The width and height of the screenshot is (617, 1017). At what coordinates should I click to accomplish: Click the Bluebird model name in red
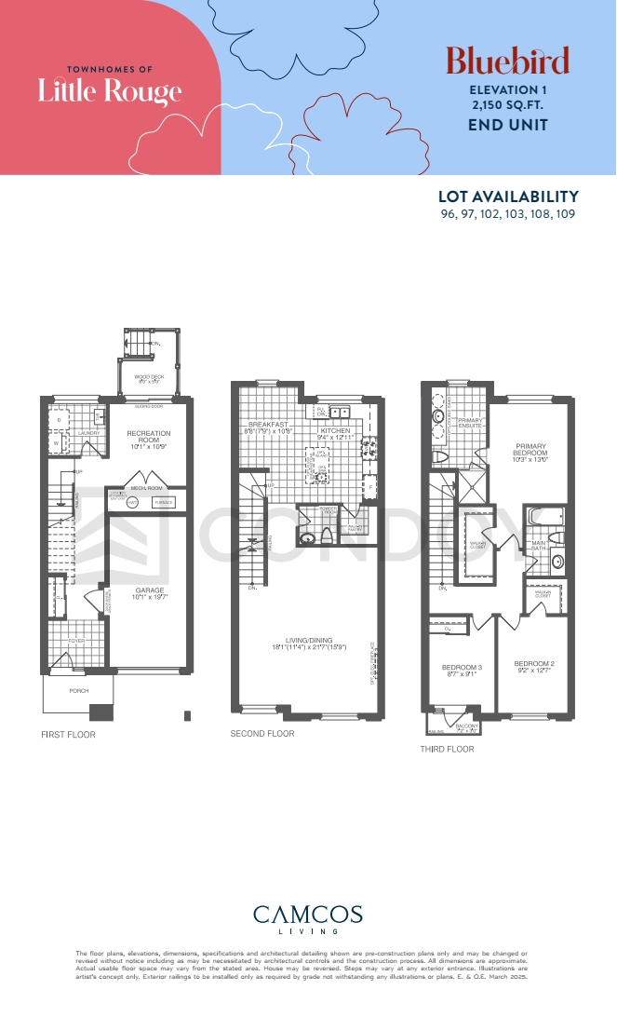[507, 61]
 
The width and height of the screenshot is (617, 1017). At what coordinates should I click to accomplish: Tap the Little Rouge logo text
[110, 90]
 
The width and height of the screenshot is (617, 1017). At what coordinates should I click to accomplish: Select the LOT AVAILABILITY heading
[508, 197]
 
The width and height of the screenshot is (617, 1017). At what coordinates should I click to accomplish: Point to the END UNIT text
[507, 125]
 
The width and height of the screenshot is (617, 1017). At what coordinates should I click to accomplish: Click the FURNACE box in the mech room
[164, 502]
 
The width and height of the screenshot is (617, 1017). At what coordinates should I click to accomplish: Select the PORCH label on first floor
[78, 691]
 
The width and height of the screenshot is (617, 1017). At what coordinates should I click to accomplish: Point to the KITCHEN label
[335, 431]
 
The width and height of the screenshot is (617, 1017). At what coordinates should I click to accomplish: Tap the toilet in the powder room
[327, 535]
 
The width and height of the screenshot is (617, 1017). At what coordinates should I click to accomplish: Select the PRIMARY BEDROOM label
[530, 452]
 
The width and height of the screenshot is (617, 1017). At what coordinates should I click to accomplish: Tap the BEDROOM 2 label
[532, 663]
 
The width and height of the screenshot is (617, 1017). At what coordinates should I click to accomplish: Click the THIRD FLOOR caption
[448, 749]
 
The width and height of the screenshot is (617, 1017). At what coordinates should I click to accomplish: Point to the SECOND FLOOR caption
[262, 734]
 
